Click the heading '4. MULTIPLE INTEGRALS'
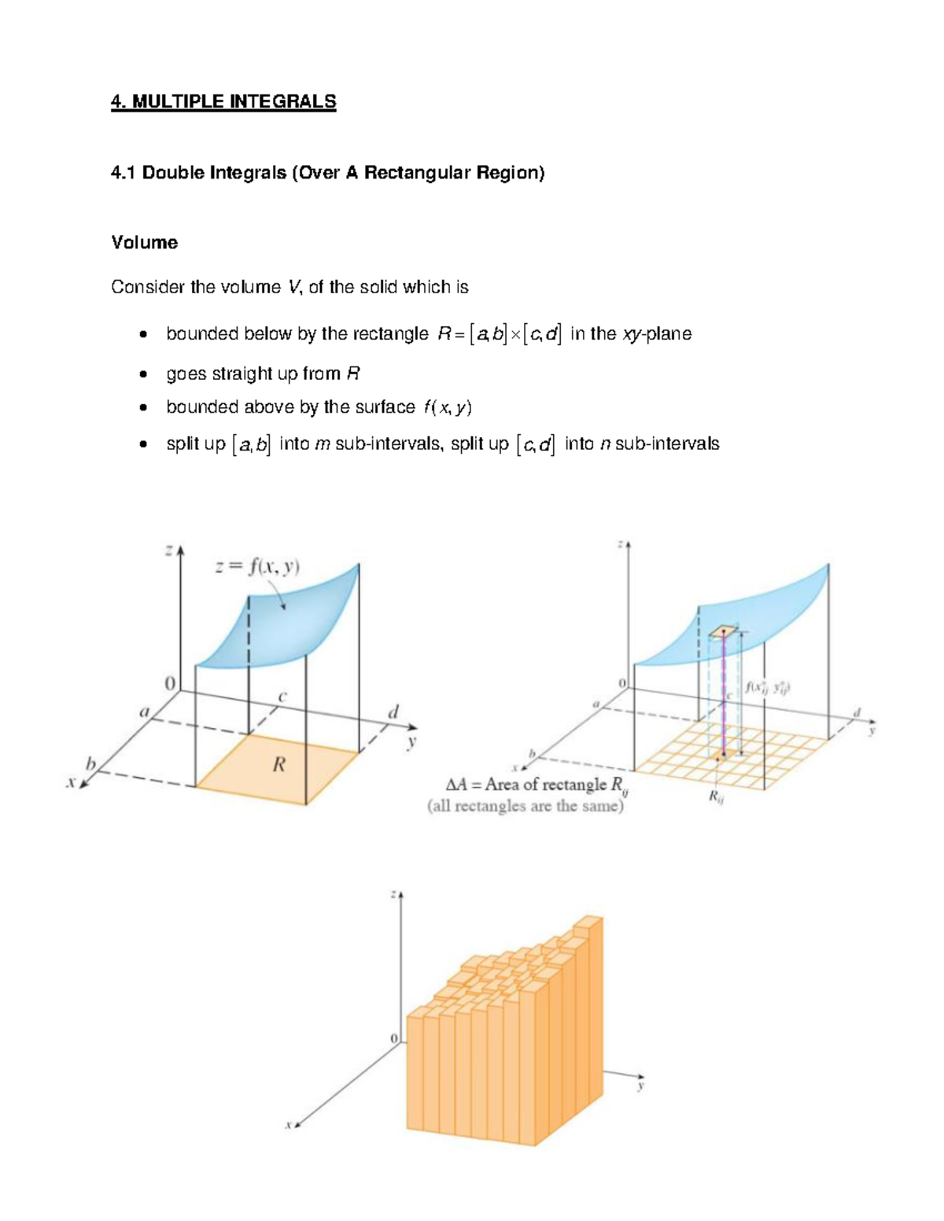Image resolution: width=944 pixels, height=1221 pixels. (223, 101)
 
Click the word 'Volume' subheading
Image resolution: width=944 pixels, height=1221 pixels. (144, 242)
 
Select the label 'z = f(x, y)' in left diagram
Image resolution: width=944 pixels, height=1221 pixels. (258, 567)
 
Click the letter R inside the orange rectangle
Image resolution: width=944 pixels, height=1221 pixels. (278, 764)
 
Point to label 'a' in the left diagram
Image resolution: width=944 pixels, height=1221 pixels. (144, 712)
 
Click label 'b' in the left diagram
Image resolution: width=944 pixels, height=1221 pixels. (90, 763)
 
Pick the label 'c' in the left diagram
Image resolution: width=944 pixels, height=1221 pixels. (282, 697)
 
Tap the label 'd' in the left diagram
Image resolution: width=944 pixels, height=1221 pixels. (393, 712)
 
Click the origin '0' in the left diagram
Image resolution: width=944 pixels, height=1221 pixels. (169, 684)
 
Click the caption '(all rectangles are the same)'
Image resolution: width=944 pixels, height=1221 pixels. (525, 806)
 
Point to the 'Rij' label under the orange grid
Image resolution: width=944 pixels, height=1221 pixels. (715, 796)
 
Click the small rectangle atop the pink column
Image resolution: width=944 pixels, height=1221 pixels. (722, 631)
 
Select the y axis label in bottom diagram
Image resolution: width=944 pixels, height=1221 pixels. (640, 1086)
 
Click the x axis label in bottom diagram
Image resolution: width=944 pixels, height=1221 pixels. (288, 1125)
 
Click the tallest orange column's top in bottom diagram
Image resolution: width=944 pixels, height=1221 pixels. (589, 921)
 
